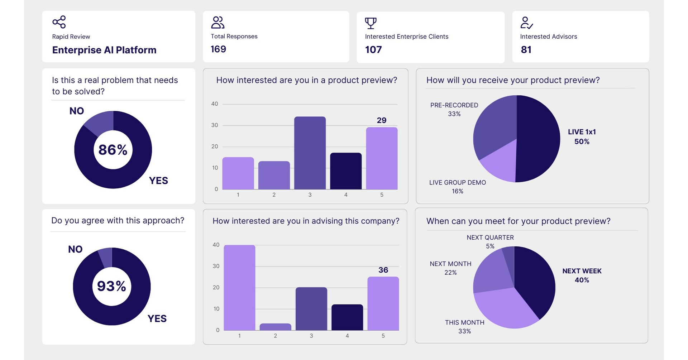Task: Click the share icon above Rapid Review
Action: coord(59,22)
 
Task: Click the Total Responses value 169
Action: coord(218,49)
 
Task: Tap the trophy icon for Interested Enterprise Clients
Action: coord(371,23)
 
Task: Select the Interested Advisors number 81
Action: coord(526,49)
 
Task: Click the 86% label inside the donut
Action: coord(113,150)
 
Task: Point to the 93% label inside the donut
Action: coord(111,286)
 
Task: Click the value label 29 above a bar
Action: coord(382,120)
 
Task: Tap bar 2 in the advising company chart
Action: coord(275,327)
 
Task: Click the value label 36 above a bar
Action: coord(383,270)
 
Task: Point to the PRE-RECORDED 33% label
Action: coord(454,109)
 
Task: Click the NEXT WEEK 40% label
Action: coord(582,275)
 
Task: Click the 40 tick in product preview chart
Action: coord(214,104)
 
